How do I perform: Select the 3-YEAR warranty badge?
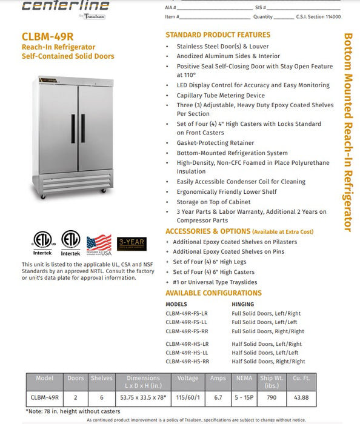click(x=132, y=243)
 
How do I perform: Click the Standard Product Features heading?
click(x=218, y=35)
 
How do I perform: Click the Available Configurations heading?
click(x=214, y=293)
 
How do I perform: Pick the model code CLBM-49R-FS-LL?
click(x=187, y=322)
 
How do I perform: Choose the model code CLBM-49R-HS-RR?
click(x=187, y=362)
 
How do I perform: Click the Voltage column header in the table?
click(x=188, y=378)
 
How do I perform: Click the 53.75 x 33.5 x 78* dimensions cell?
click(x=144, y=397)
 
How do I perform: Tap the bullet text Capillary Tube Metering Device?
click(x=221, y=95)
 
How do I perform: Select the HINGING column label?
click(x=244, y=303)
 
